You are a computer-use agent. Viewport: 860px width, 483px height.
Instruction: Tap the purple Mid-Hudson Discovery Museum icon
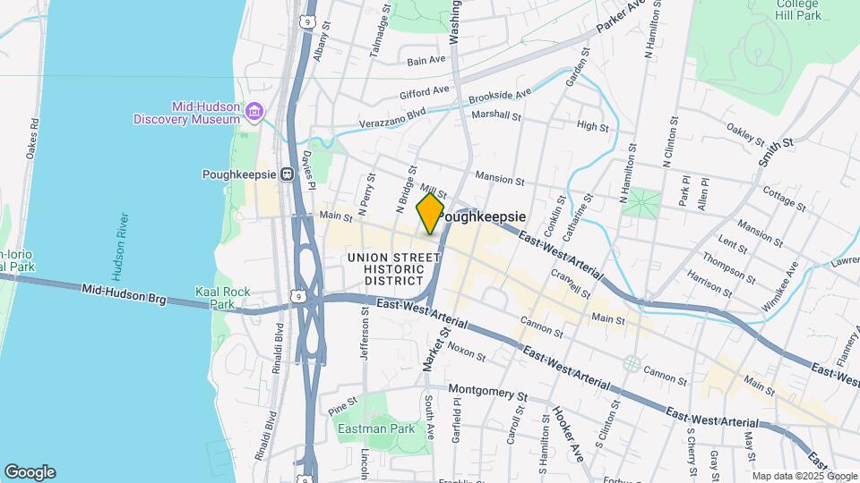255,110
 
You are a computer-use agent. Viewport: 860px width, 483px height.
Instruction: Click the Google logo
30,471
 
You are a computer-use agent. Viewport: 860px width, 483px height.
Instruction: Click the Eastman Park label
375,428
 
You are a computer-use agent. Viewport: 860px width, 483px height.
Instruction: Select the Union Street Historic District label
386,269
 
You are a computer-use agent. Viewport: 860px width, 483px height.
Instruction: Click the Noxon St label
466,352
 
